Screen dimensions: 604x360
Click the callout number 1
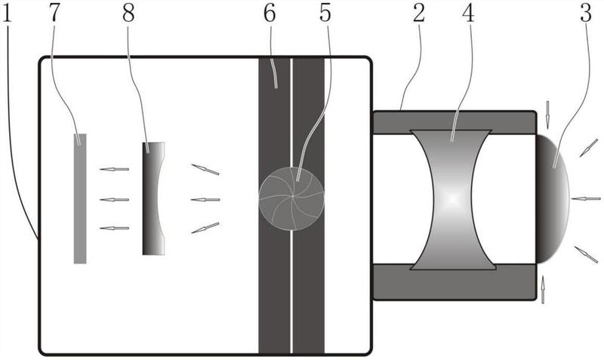(7, 14)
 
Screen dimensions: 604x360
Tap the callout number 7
(54, 14)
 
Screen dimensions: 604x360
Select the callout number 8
(128, 14)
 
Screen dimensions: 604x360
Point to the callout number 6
(270, 14)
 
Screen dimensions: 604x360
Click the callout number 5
(325, 14)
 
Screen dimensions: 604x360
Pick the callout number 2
(419, 14)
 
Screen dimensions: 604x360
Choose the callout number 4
(468, 14)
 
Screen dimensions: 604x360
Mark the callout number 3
(586, 14)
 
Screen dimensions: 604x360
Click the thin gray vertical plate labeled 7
(80, 198)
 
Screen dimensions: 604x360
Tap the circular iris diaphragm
(291, 198)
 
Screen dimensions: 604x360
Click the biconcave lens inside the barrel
(452, 199)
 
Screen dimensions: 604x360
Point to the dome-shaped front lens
(551, 198)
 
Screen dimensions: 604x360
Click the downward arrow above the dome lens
(547, 115)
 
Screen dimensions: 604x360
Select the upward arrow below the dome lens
(543, 290)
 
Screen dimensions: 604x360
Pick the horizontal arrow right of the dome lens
(586, 198)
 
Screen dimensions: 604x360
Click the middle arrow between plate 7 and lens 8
(114, 199)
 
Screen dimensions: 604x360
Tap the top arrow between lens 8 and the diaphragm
(205, 169)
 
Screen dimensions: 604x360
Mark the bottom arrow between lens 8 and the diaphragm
(205, 228)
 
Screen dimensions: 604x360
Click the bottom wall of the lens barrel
(455, 282)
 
